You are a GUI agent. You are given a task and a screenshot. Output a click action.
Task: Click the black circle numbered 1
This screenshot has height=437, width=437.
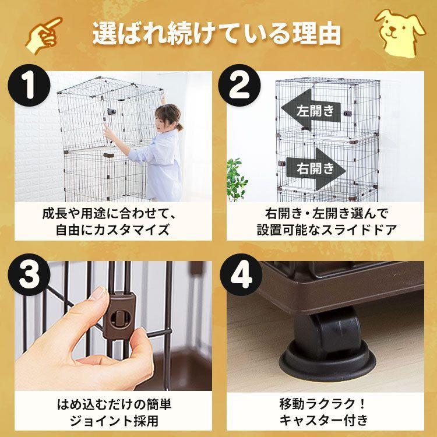[29, 85]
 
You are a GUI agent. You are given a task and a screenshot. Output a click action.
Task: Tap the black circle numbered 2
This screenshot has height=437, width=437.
[239, 85]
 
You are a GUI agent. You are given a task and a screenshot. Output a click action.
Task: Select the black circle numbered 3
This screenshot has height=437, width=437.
[29, 274]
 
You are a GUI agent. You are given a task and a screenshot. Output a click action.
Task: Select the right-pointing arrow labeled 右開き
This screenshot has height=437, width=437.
[316, 168]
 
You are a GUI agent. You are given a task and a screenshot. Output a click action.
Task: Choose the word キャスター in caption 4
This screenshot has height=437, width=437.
[312, 421]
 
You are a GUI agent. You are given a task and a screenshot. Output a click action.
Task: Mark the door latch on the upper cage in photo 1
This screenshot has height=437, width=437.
[112, 111]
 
